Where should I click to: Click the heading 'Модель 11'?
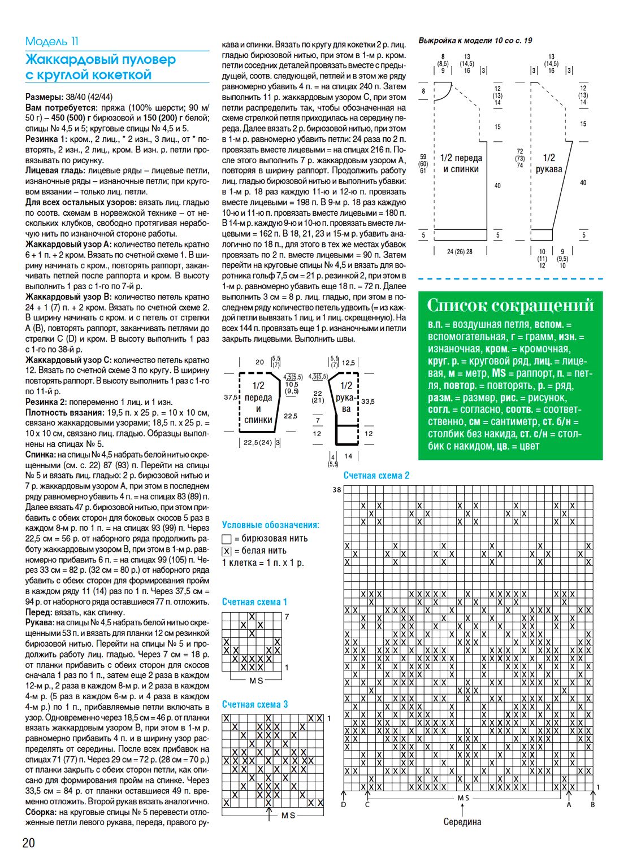tap(52, 41)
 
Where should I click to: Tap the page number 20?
tap(28, 843)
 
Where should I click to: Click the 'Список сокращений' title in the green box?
tap(510, 306)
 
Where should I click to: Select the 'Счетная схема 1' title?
tap(254, 602)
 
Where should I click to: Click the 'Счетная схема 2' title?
tap(376, 476)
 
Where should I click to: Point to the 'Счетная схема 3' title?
tap(254, 704)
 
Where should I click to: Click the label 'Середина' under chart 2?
tap(462, 822)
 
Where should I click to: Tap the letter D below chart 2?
tap(344, 804)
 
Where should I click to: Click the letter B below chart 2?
tap(593, 804)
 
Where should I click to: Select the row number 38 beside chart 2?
tap(337, 490)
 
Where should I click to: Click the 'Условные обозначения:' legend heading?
tap(271, 525)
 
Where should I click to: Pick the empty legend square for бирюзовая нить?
tap(227, 539)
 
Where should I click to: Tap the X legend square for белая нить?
tap(227, 551)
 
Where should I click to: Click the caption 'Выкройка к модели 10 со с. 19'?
tap(475, 41)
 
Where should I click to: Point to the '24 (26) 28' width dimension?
tap(460, 252)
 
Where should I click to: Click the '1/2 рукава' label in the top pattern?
tap(549, 163)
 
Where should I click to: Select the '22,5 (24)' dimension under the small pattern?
tap(257, 443)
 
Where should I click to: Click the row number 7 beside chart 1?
tap(287, 617)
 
